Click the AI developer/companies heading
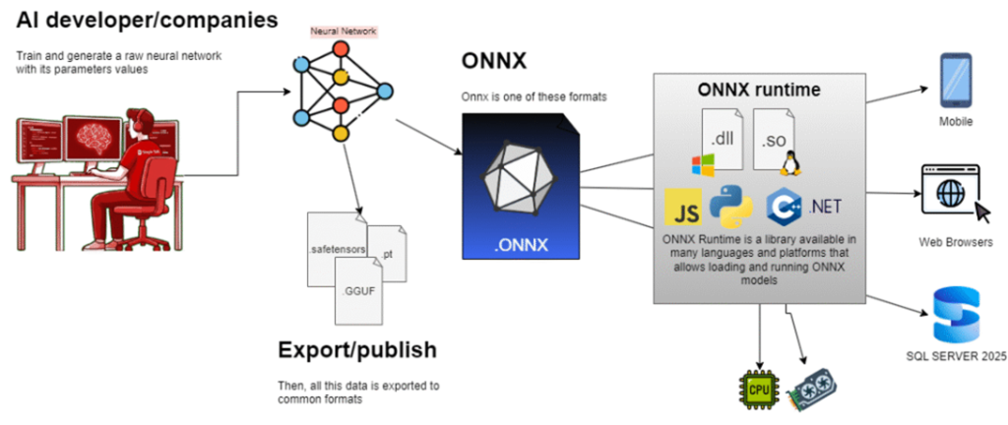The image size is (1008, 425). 147,21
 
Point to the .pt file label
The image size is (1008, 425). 387,254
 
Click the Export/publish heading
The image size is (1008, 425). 357,349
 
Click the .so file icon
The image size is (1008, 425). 772,141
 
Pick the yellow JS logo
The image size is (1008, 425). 683,207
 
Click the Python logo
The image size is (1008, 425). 730,206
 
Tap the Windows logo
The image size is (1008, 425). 703,165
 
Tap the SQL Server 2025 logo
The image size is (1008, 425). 957,315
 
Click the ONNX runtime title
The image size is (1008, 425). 758,90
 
